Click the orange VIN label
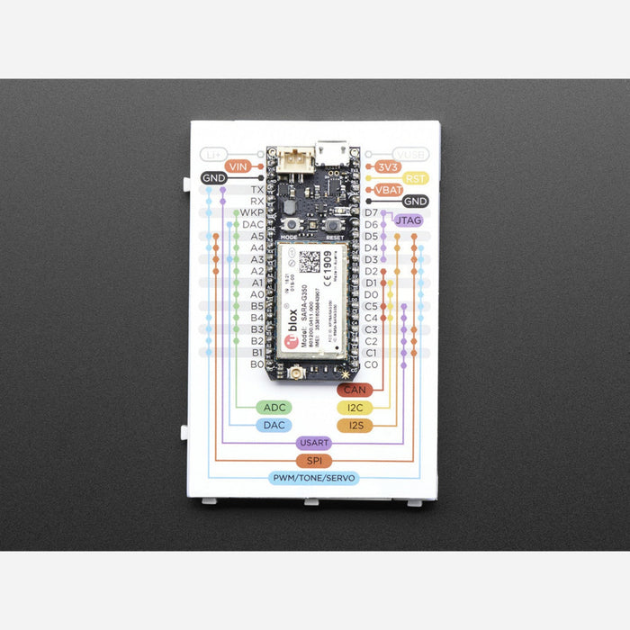238,166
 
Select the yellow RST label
415,178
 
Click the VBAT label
389,190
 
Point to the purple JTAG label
407,220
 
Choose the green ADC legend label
274,408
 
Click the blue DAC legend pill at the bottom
274,425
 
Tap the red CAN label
355,390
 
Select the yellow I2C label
355,408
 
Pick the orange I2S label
355,425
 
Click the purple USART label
314,443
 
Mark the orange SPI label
314,461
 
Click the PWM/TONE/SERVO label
314,478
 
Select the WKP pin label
251,213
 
